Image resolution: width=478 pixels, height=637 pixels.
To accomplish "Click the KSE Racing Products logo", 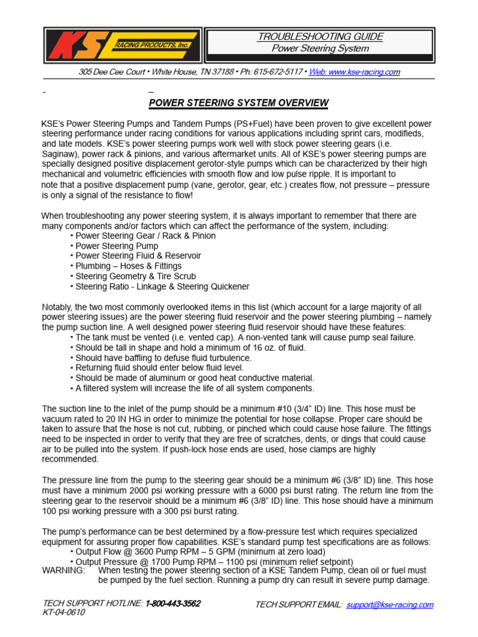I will pos(123,45).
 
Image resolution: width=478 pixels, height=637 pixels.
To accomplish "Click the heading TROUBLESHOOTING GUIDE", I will pos(321,37).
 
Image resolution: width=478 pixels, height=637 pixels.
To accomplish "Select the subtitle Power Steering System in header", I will pos(321,49).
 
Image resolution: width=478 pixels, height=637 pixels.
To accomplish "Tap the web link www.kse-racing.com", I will pos(354,72).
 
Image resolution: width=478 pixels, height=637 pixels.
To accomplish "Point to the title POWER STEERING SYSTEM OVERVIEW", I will pos(239,103).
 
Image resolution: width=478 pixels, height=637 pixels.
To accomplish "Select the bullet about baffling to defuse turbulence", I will pos(161,358).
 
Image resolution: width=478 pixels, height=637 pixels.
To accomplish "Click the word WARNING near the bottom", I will pos(63,570).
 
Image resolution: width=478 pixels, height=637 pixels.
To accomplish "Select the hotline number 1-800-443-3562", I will pos(173,604).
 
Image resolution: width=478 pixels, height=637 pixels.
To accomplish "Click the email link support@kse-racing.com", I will pos(390,605).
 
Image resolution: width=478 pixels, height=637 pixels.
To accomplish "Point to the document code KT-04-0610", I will pos(64,612).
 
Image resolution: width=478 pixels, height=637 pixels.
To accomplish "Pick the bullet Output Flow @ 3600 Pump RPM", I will pos(201,551).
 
